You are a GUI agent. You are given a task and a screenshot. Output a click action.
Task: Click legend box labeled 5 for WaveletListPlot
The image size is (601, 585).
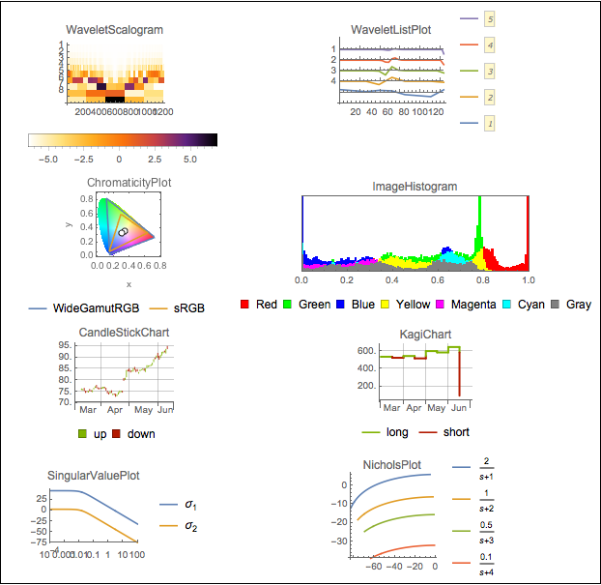(x=490, y=18)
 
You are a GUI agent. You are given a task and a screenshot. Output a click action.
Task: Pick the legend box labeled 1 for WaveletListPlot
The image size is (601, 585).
(x=490, y=124)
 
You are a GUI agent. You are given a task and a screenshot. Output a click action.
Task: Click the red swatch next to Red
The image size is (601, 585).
(x=245, y=305)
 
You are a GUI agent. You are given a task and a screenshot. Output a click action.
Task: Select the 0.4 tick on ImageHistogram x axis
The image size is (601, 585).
(x=392, y=280)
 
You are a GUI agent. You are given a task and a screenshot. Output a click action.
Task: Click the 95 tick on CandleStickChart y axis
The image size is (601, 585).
(x=63, y=345)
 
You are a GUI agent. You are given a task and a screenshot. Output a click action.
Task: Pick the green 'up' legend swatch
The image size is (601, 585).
(x=85, y=433)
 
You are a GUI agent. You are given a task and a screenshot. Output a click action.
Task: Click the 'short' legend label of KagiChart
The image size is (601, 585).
(x=456, y=432)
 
